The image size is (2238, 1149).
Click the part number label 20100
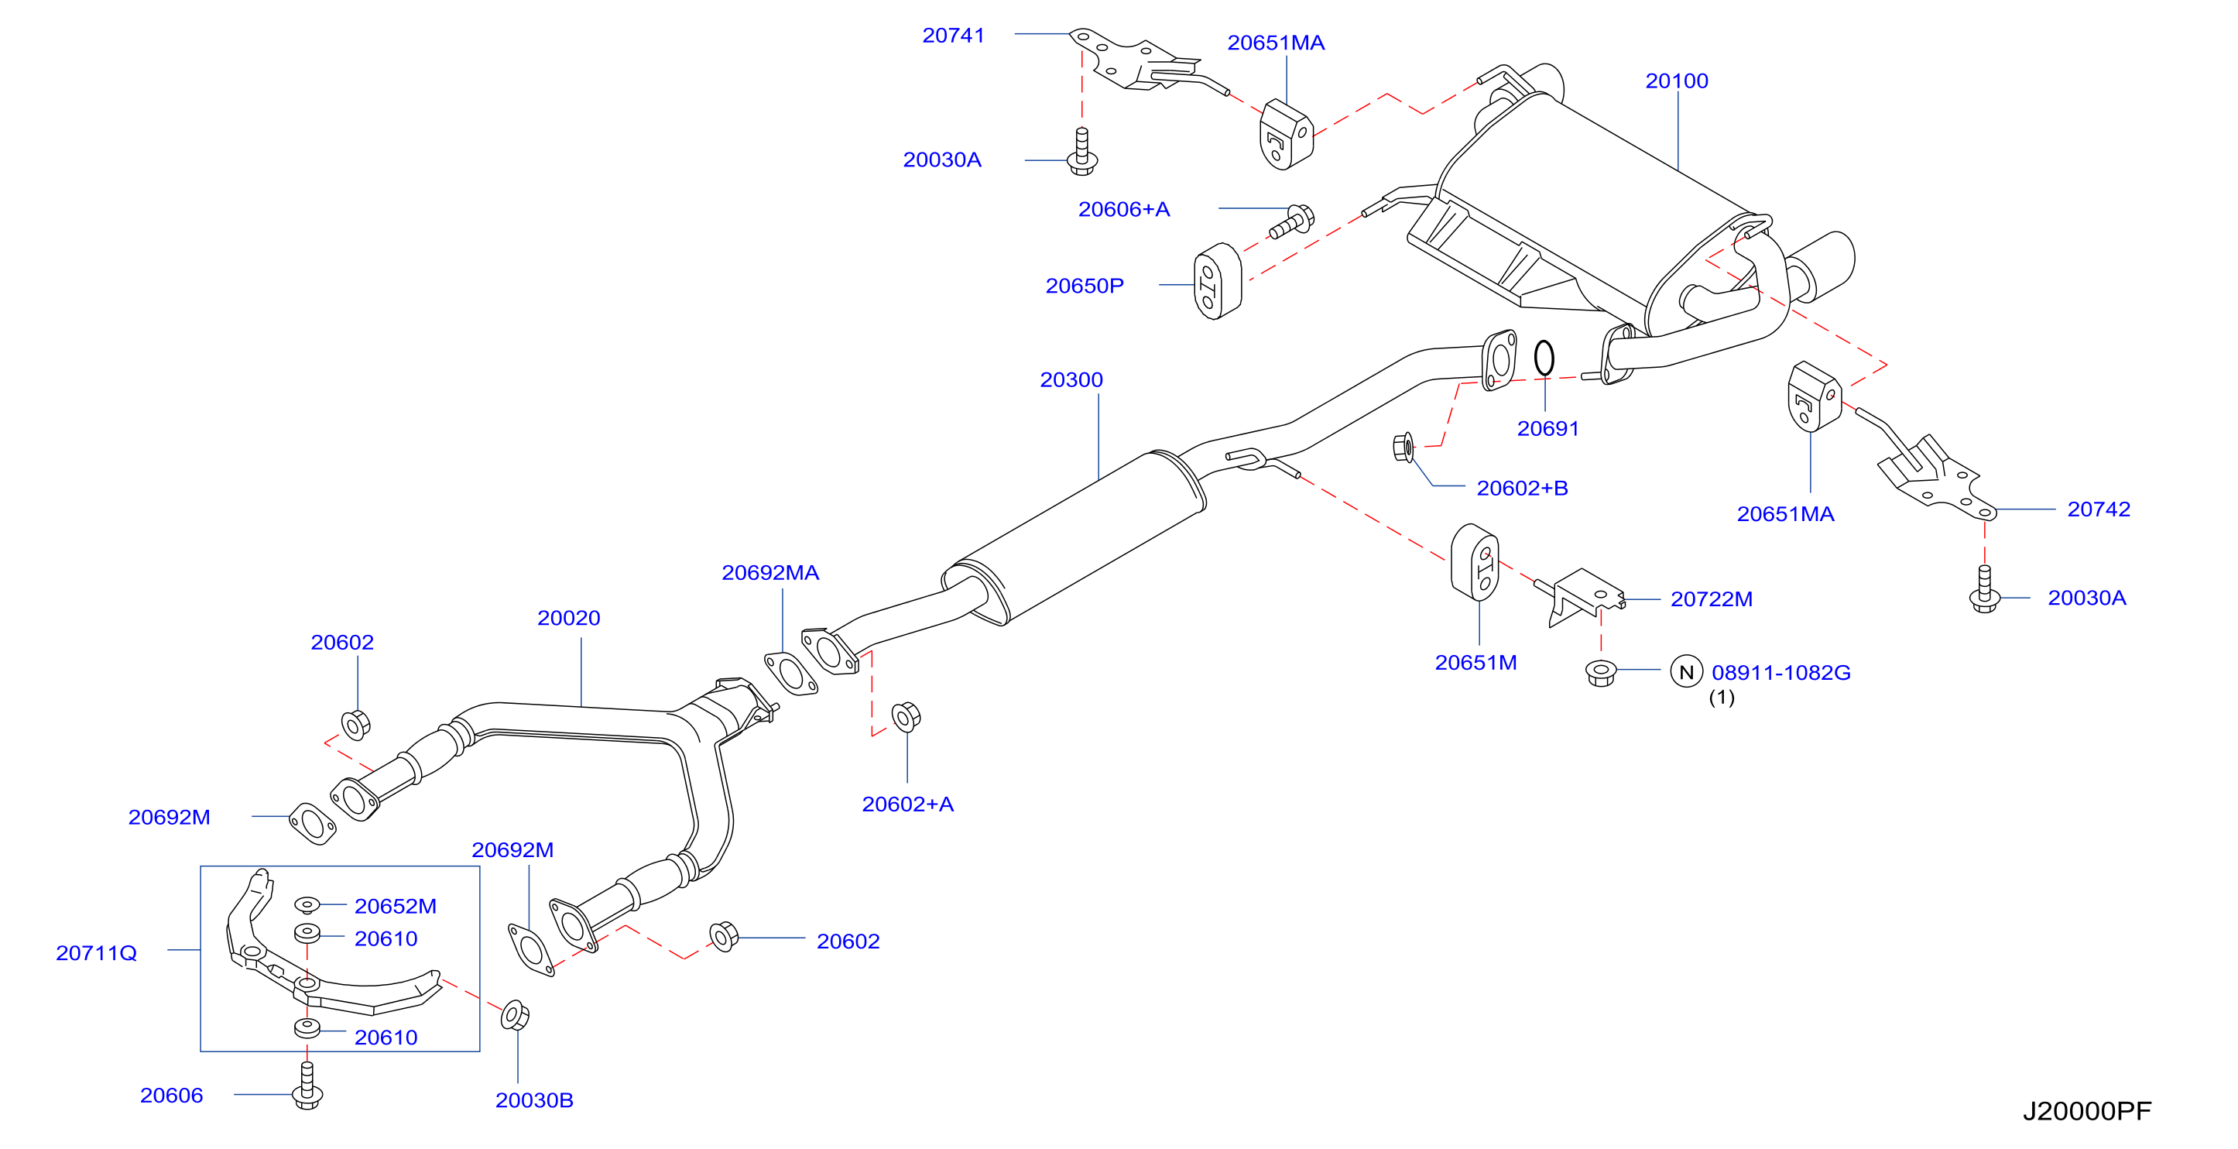(1676, 81)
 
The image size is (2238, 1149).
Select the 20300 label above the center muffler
(1071, 380)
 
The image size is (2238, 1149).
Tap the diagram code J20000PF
(2087, 1111)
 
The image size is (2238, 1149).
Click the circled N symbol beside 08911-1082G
(1686, 672)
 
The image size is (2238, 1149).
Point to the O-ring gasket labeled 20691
(1544, 357)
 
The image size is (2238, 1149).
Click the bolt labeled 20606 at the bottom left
(307, 1086)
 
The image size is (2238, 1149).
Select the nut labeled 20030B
(516, 1015)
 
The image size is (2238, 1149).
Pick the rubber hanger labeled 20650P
(1217, 281)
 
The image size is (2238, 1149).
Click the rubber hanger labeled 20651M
(1475, 562)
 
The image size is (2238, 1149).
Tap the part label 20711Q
(97, 953)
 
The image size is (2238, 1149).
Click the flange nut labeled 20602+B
(1403, 448)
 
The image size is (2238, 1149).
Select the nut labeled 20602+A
(907, 716)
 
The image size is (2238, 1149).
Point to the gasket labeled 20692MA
(790, 674)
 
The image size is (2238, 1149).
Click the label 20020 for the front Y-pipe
(568, 618)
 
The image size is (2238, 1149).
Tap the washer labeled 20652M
(307, 905)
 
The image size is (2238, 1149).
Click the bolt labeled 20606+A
(1292, 221)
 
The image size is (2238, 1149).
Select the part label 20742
(2098, 509)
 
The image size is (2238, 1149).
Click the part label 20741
(953, 36)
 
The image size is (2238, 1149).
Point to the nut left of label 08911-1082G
(1600, 673)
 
